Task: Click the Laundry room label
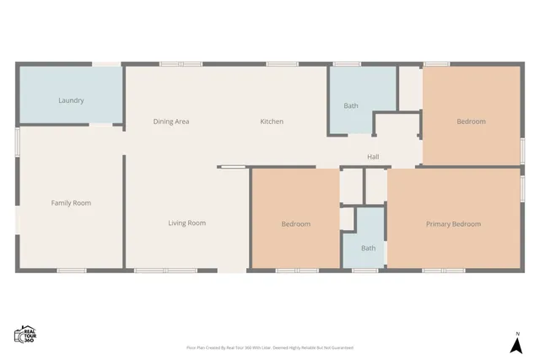71,100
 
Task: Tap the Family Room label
71,202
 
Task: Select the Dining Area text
170,121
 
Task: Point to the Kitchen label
272,121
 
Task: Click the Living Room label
186,223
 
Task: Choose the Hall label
373,157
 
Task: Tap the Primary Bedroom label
453,223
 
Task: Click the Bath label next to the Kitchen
351,105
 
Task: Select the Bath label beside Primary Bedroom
369,248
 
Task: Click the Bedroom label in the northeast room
471,121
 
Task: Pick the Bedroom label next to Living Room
295,223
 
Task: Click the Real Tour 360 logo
24,334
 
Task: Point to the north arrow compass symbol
517,346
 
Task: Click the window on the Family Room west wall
17,141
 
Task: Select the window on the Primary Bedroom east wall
522,187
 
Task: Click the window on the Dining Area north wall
181,63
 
